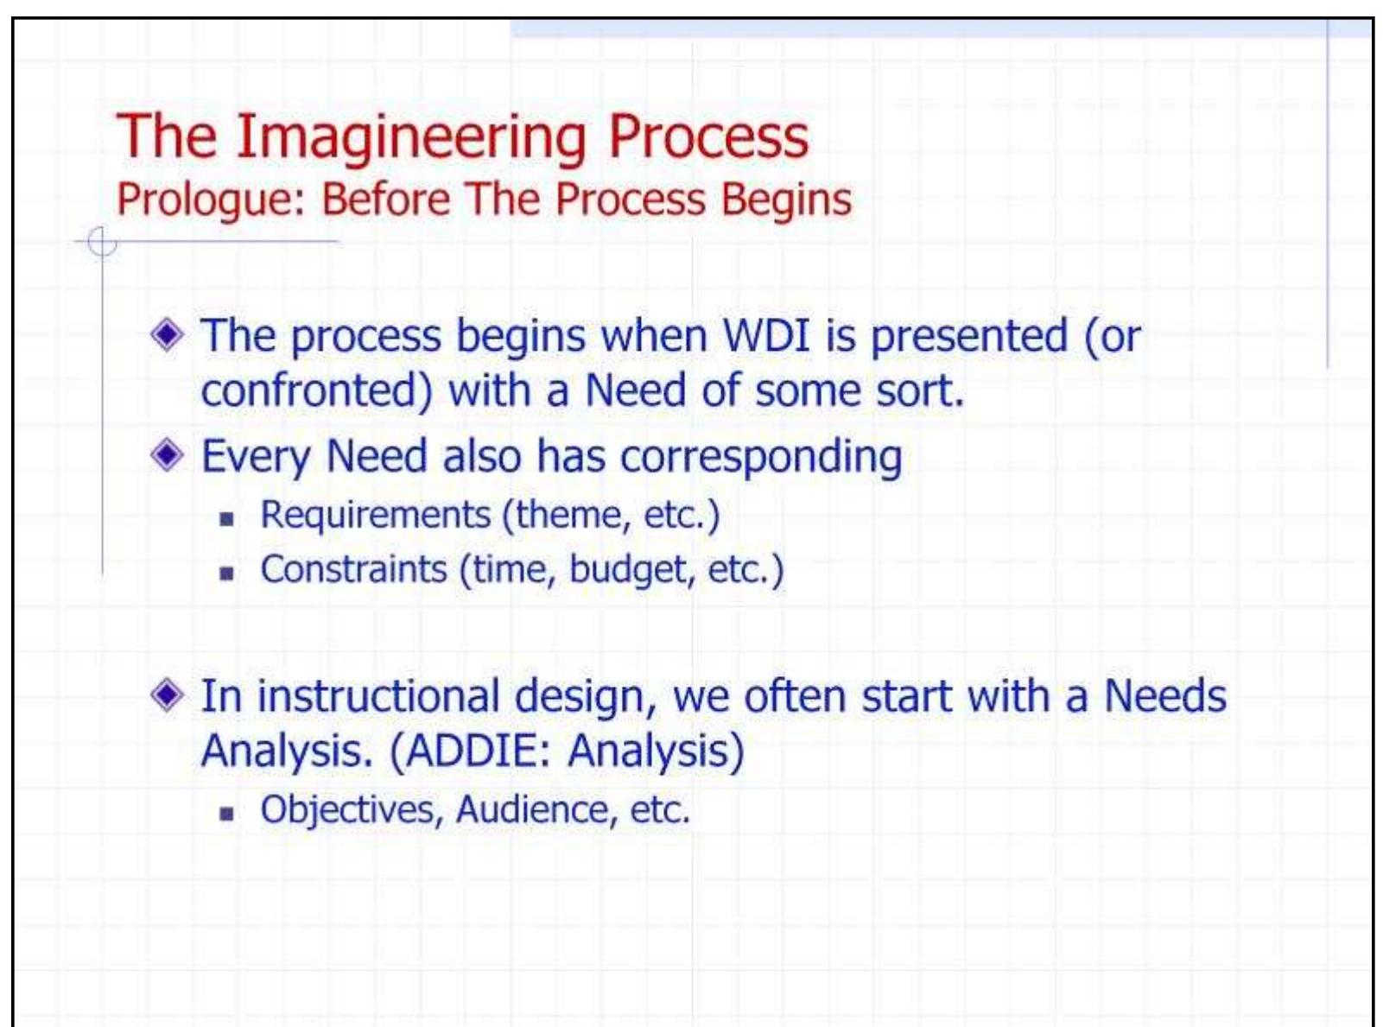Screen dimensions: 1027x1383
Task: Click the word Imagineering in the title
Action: tap(411, 138)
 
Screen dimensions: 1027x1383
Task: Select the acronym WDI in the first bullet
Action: tap(766, 335)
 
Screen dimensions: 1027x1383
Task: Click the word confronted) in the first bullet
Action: tap(316, 390)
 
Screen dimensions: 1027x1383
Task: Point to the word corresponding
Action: tap(761, 457)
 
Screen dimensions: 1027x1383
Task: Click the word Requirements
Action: tap(375, 516)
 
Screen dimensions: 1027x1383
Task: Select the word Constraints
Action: tap(353, 570)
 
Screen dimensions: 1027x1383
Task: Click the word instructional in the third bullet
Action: tap(378, 697)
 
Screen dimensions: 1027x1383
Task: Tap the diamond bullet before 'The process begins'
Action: tap(167, 334)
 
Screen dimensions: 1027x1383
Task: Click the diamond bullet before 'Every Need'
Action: tap(167, 454)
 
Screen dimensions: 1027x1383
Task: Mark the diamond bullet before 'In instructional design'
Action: tap(167, 694)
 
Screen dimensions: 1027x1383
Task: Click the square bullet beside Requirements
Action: tap(227, 519)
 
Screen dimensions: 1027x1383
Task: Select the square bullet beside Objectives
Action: tap(227, 814)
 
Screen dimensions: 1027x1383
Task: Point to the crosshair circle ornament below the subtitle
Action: tap(102, 243)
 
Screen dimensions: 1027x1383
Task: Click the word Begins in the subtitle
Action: tap(786, 200)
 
